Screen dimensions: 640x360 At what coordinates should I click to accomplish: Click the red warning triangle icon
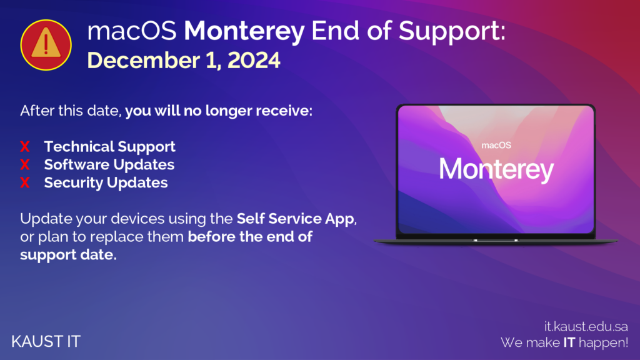point(46,45)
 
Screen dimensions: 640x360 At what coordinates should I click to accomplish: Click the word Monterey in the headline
point(244,31)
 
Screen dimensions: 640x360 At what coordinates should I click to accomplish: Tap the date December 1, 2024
point(184,61)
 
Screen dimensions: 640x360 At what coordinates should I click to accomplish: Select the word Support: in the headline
point(452,32)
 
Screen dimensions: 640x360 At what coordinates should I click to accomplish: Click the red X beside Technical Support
point(25,146)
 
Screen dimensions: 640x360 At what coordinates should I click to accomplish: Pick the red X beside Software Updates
point(25,164)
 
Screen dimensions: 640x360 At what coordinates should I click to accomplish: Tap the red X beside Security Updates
point(25,182)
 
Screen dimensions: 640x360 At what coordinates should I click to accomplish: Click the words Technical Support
point(110,147)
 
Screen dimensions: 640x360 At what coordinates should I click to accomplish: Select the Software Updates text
point(109,164)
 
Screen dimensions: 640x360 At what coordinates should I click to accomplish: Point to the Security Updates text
point(106,183)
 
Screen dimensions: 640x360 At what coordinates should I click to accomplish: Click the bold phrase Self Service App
point(296,219)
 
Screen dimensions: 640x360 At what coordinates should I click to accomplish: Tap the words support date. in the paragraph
point(68,255)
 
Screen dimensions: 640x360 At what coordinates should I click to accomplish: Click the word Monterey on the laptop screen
point(496,169)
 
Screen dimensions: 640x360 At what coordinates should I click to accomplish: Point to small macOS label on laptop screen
point(496,145)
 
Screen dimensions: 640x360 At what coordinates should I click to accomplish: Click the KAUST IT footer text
point(46,342)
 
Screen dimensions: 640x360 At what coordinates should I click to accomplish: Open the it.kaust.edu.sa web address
point(586,326)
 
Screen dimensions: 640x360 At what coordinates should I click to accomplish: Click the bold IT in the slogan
point(569,342)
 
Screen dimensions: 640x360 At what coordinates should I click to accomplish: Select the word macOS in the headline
point(132,31)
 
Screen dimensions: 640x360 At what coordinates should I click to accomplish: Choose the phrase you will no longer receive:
point(219,111)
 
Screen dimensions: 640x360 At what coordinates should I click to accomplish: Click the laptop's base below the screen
point(496,241)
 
